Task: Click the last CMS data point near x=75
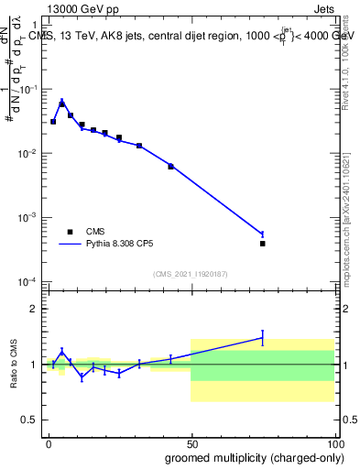click(x=262, y=244)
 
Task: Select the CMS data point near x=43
click(x=170, y=166)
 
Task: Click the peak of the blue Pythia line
click(x=61, y=102)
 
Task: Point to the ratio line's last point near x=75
click(x=262, y=337)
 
